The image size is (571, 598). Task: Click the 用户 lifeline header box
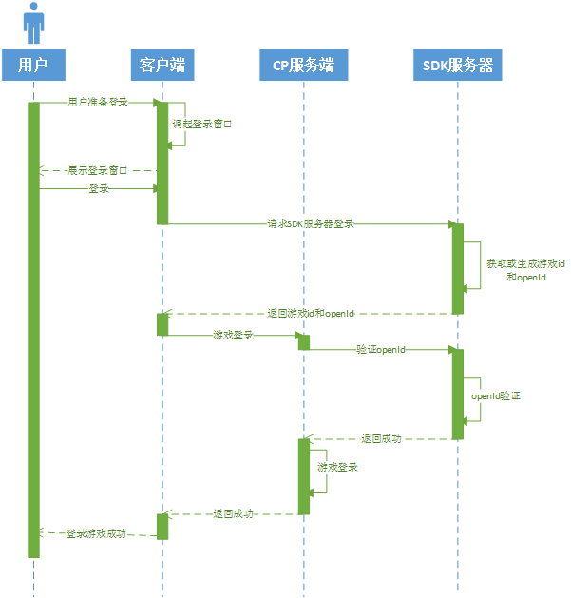click(x=34, y=66)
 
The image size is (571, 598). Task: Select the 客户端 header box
click(x=162, y=66)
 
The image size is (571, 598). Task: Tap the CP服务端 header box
click(x=304, y=66)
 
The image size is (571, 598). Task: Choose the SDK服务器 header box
click(x=457, y=66)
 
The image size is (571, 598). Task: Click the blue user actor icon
click(x=34, y=24)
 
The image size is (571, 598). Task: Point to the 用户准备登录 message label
click(x=98, y=102)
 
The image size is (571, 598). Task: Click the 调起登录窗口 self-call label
click(x=202, y=124)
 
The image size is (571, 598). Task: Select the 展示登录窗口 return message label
click(x=98, y=171)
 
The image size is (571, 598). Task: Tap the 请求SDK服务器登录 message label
click(x=311, y=224)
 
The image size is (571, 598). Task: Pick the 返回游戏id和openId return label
click(x=311, y=313)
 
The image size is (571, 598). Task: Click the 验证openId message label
click(x=381, y=350)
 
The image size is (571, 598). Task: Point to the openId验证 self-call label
click(x=497, y=394)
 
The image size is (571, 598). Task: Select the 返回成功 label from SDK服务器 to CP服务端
click(x=381, y=438)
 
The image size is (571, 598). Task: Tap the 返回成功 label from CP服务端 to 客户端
click(x=233, y=513)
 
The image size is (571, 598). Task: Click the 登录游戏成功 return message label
click(x=96, y=534)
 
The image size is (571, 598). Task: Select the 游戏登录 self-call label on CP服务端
click(x=338, y=467)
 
